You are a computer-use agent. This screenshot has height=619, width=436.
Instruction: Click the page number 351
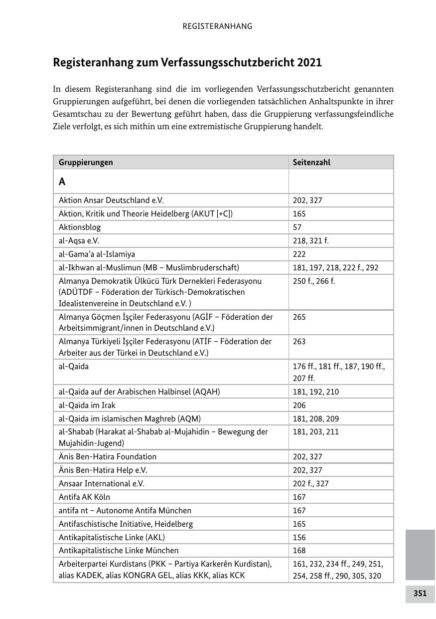420,594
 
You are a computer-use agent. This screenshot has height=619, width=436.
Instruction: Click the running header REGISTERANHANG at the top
217,26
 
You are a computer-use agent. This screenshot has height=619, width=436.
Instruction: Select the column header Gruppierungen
86,163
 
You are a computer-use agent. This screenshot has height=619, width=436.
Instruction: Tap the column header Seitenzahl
311,163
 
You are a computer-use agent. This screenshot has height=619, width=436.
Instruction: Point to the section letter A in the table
62,182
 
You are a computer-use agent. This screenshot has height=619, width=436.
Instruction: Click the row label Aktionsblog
80,227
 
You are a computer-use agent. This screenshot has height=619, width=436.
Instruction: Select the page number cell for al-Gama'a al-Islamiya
299,254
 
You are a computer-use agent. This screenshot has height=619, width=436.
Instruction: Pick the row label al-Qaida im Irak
87,406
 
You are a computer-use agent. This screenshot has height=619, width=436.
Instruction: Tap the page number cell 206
299,406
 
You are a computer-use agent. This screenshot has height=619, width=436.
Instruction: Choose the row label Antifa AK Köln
84,497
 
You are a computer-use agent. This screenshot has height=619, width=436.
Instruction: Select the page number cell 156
299,538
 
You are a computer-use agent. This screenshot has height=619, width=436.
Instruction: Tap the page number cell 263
299,342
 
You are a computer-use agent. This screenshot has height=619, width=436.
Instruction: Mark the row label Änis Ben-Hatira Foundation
108,457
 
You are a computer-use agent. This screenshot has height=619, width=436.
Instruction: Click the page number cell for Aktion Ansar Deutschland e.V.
307,201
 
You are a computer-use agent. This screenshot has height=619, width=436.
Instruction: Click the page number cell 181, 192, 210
315,392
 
